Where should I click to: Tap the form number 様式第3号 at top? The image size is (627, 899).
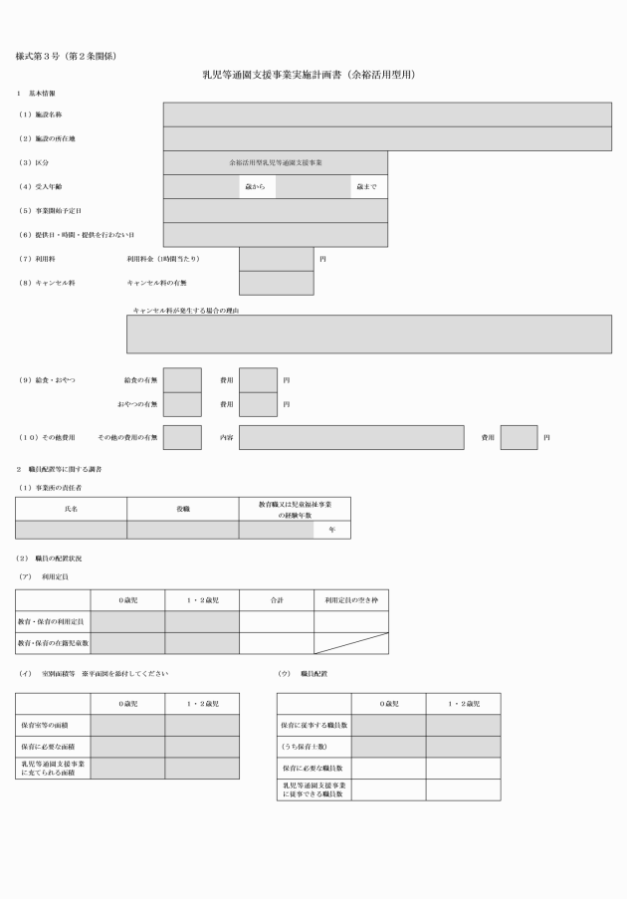37,56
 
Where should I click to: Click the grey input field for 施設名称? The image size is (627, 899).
387,114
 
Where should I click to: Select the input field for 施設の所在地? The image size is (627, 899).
387,138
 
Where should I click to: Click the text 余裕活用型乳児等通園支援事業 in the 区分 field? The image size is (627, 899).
276,163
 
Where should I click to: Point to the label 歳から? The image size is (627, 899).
255,187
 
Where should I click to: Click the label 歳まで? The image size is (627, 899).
367,187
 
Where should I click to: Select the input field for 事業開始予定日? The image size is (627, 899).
276,211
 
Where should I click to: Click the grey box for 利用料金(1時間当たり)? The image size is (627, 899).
277,259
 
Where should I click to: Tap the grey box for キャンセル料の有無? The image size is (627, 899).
277,283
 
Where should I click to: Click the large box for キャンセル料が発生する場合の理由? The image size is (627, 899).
369,334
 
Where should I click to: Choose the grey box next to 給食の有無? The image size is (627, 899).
182,380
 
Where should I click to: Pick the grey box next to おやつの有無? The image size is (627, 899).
182,404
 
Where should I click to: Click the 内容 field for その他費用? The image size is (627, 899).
351,437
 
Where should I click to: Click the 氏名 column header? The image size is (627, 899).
71,509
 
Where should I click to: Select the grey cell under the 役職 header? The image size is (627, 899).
183,530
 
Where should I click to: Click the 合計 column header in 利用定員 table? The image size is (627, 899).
277,600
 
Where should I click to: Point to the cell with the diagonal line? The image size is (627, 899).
351,643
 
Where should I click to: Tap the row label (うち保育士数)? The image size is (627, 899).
305,747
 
